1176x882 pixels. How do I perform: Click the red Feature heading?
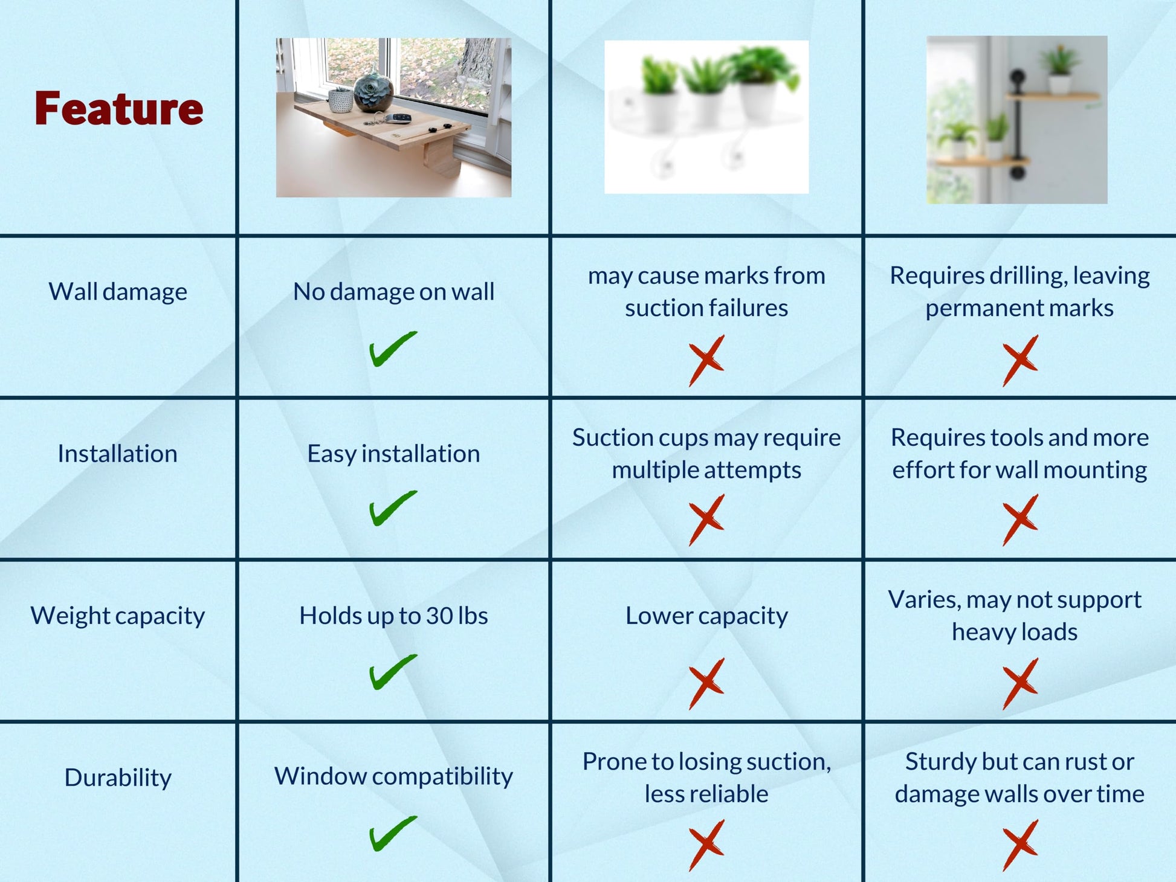tap(118, 109)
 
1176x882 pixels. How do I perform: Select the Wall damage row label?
tap(118, 292)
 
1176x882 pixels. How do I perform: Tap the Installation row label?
tap(118, 454)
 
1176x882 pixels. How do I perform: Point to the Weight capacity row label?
tap(118, 616)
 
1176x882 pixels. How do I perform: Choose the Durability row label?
tap(118, 777)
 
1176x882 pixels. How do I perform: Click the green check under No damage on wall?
tap(393, 349)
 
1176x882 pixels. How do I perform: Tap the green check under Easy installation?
tap(393, 508)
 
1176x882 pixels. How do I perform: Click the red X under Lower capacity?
tap(706, 683)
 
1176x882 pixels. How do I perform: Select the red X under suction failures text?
tap(706, 361)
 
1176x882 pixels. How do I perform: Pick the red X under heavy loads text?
tap(1020, 683)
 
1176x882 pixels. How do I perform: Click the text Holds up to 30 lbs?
tap(393, 616)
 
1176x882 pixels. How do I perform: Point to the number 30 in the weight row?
tap(439, 616)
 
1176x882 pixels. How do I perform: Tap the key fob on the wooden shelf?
tap(399, 118)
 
